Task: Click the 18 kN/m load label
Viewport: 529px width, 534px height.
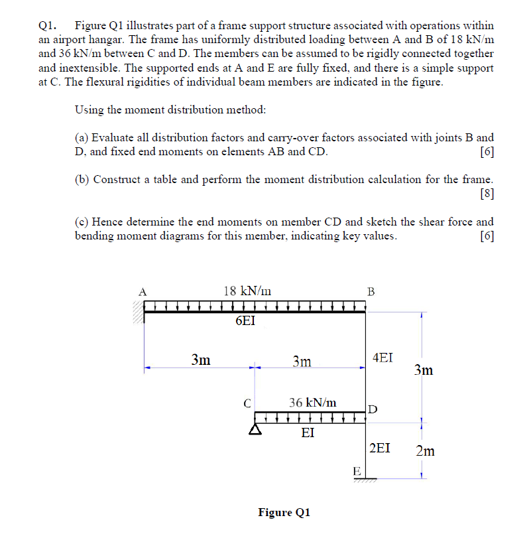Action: click(247, 290)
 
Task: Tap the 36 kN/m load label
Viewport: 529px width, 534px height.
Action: click(313, 403)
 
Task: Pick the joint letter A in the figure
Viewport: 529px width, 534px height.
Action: click(141, 290)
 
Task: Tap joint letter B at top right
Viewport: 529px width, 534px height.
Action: click(371, 291)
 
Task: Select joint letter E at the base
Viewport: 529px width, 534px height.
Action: click(357, 472)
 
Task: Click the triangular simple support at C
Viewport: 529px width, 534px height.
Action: click(254, 429)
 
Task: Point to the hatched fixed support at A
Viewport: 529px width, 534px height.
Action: click(137, 312)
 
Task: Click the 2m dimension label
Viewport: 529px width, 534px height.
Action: click(425, 452)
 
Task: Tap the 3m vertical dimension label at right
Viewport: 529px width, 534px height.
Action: click(424, 370)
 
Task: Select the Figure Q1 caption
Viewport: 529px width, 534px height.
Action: click(284, 512)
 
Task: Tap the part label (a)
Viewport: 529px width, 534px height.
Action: click(83, 138)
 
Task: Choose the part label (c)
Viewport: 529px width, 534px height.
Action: click(83, 222)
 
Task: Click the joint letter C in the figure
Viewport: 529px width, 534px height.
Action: click(247, 402)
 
